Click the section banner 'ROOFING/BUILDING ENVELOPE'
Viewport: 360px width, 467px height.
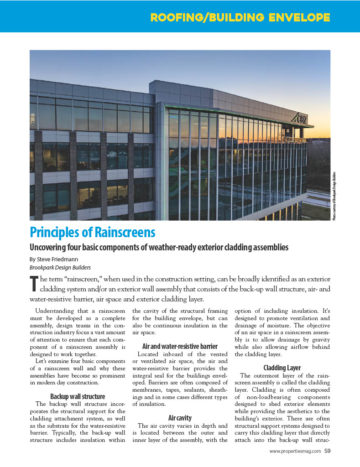(240, 18)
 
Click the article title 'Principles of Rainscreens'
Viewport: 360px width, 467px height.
(92, 233)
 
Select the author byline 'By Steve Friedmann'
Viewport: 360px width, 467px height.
(52, 259)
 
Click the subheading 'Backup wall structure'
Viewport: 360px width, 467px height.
(77, 396)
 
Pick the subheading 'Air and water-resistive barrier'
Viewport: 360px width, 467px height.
(180, 346)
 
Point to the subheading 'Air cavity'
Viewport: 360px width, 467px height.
(180, 417)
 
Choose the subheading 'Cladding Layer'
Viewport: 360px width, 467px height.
(282, 368)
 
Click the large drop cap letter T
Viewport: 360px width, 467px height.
(33, 283)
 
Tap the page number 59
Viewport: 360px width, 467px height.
(328, 451)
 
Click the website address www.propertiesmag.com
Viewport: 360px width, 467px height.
(296, 451)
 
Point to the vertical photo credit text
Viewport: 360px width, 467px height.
(334, 196)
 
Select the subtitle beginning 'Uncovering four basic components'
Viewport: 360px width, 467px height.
(159, 248)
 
